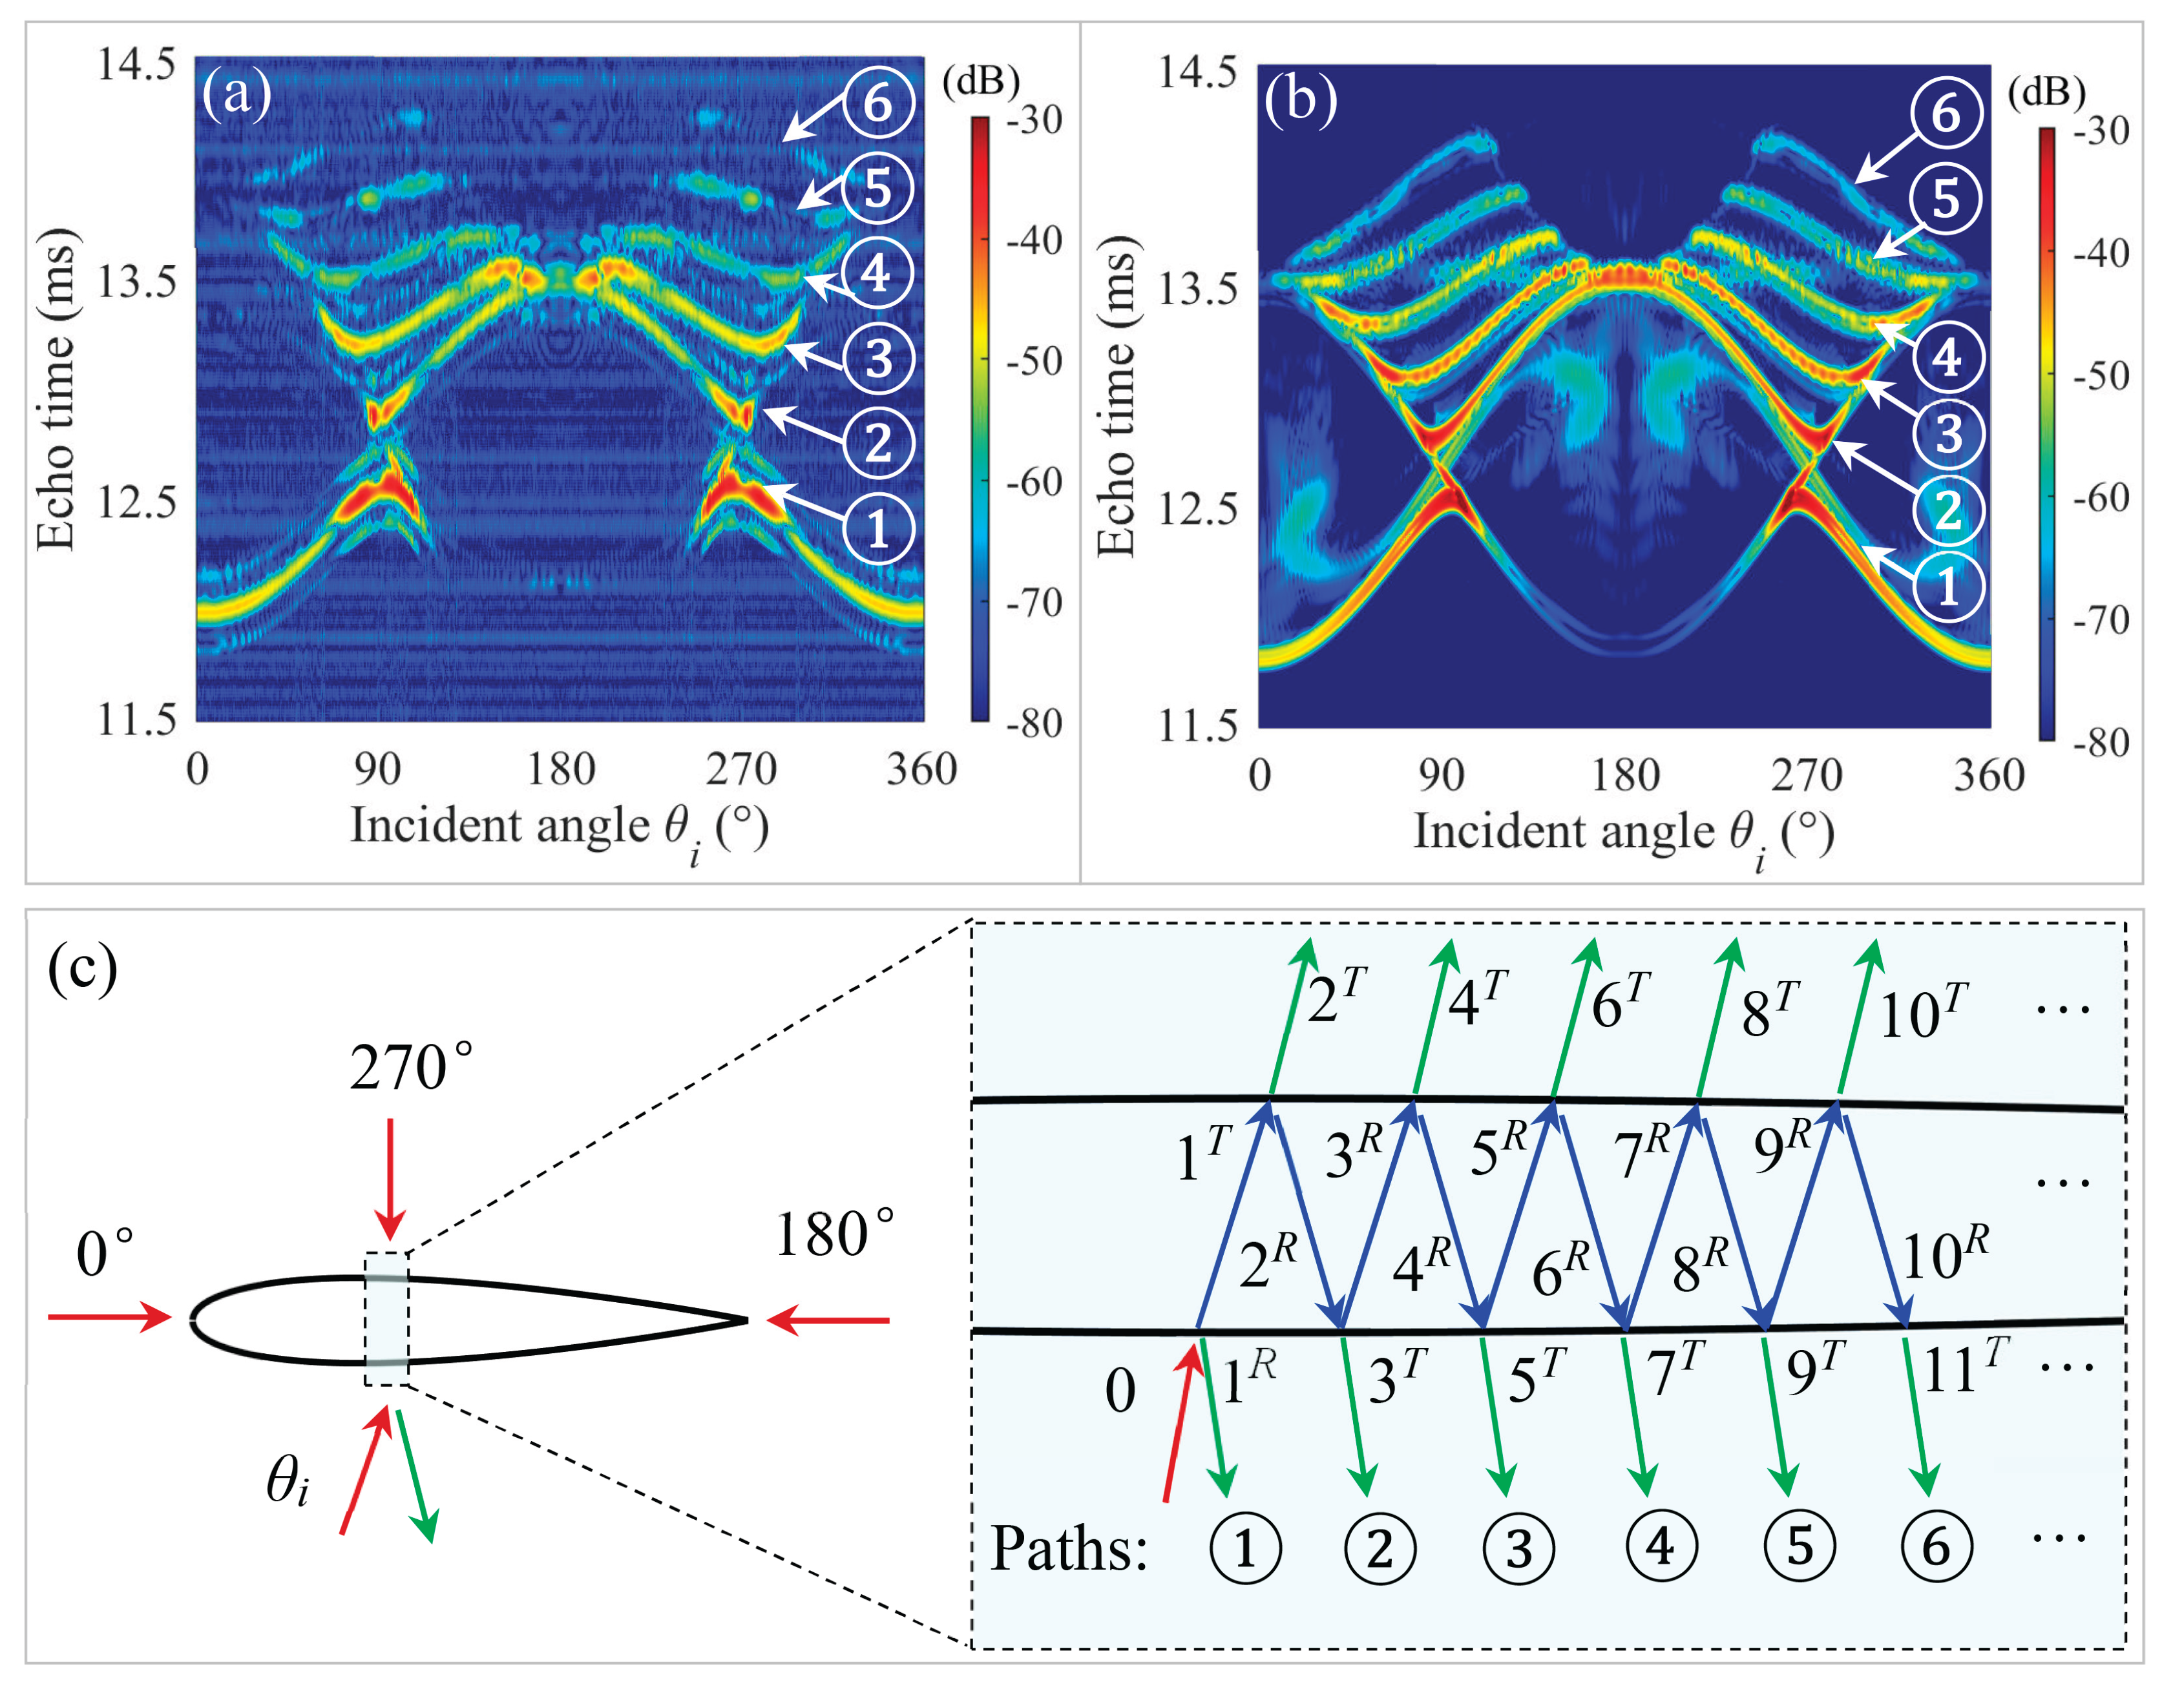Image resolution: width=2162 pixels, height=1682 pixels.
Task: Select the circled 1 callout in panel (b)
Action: (1948, 587)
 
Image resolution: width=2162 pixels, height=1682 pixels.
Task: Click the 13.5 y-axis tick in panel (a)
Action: (136, 282)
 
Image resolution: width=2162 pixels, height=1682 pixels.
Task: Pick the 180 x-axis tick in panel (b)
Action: (1624, 774)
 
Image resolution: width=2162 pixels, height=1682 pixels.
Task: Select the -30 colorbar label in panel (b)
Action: (2101, 130)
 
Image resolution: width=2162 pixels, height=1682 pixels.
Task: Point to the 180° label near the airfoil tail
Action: (835, 1236)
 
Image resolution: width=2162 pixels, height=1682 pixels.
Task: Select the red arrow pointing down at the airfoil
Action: (391, 1178)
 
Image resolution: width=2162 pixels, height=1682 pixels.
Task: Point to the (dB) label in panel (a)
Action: (980, 81)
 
